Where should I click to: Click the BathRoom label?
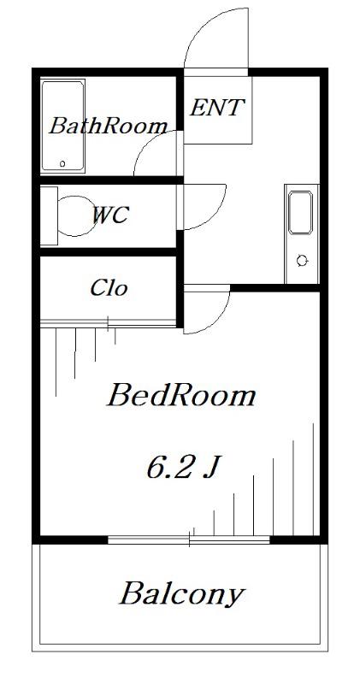click(109, 126)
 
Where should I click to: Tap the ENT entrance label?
click(217, 108)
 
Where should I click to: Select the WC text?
click(110, 215)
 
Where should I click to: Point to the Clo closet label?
click(109, 288)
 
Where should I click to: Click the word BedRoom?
click(181, 396)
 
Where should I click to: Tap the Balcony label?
click(182, 594)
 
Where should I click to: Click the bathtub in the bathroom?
click(62, 125)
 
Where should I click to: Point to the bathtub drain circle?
click(62, 163)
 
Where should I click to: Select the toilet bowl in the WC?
click(75, 216)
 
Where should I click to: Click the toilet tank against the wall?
click(49, 215)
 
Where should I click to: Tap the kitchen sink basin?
click(301, 212)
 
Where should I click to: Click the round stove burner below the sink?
click(302, 261)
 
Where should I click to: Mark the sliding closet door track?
click(109, 323)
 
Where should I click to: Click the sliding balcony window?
click(189, 540)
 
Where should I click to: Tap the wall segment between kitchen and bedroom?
click(275, 288)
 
